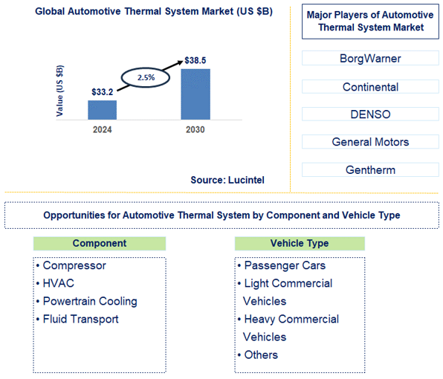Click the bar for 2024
click(103, 109)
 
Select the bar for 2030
click(195, 94)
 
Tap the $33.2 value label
click(101, 91)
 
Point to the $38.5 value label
click(195, 59)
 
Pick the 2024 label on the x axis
click(102, 129)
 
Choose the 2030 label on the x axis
click(195, 129)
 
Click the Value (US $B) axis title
click(60, 90)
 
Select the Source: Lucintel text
click(227, 180)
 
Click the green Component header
click(100, 243)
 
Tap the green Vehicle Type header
click(300, 243)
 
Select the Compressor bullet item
click(74, 265)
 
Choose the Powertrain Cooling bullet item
click(90, 301)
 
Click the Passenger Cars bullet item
click(285, 265)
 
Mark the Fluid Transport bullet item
click(80, 319)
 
